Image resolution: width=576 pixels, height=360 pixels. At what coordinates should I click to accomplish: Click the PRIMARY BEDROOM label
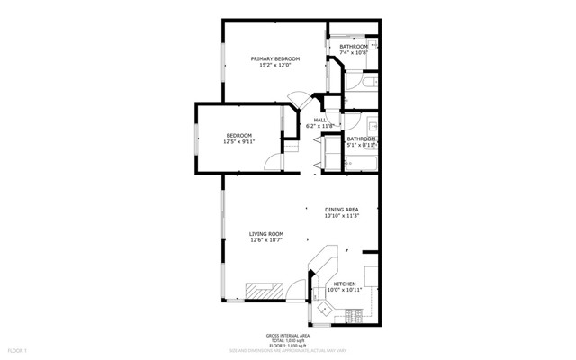point(274,58)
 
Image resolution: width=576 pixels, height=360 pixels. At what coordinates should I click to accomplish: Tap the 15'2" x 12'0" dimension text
point(274,66)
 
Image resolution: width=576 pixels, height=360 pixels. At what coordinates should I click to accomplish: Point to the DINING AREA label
point(342,210)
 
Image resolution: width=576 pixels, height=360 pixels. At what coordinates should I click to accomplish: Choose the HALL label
point(319,120)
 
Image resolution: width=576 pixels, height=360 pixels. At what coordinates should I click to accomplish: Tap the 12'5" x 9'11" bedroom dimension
point(238,142)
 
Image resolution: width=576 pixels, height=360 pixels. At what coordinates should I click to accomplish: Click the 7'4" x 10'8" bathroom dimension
point(353,53)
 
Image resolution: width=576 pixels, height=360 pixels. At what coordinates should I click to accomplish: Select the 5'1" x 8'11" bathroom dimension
point(360,145)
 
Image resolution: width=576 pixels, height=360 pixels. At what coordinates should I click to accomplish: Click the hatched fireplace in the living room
point(265,290)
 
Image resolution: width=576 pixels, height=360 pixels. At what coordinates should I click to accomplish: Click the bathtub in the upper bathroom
point(361,88)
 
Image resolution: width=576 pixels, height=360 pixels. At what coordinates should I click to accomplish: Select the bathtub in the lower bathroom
point(360,163)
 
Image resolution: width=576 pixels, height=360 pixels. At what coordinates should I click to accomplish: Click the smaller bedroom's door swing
point(272,161)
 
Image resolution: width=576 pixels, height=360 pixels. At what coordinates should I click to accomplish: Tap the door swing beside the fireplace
point(296,290)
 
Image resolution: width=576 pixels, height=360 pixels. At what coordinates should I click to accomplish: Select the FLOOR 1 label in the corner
point(18,348)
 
